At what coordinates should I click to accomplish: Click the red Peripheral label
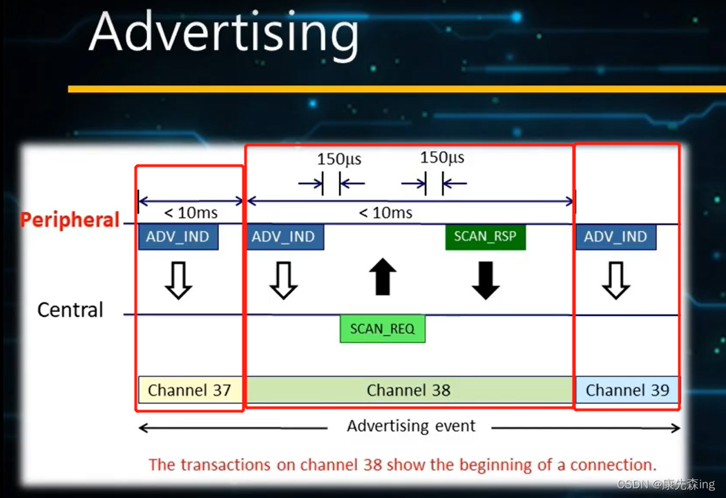pos(70,219)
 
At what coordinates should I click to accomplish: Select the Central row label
pos(70,310)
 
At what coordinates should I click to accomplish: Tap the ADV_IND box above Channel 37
pos(178,237)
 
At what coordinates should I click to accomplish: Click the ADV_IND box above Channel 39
pos(615,237)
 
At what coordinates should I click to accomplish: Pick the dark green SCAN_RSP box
pos(485,237)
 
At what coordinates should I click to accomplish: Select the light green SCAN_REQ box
pos(383,329)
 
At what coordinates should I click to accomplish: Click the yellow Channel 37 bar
pos(190,390)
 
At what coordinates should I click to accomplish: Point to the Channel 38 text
pos(408,390)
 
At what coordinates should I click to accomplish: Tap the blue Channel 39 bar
pos(627,390)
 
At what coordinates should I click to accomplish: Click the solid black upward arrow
pos(383,277)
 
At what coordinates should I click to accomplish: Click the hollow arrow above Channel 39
pos(615,281)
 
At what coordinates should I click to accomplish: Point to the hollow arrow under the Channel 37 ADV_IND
pos(178,281)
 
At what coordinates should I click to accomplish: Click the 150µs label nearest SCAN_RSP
pos(441,158)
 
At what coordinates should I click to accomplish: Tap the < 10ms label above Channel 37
pos(190,213)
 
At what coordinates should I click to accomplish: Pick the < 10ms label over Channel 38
pos(385,213)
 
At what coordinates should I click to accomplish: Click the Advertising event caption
pos(411,425)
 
